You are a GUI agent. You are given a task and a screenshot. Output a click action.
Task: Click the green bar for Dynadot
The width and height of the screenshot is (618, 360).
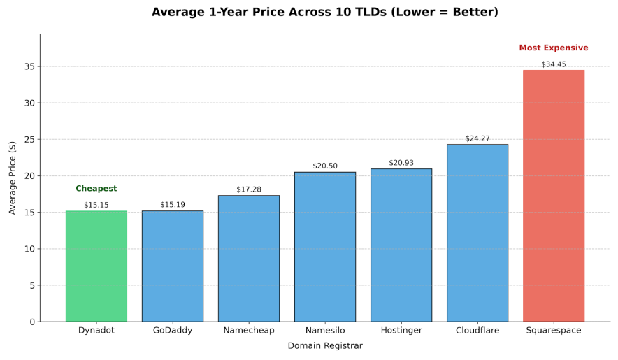[x=96, y=266]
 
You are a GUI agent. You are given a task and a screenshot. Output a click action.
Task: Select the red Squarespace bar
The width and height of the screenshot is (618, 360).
[x=554, y=196]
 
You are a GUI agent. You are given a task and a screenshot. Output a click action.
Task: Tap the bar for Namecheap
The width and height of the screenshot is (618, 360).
[x=249, y=259]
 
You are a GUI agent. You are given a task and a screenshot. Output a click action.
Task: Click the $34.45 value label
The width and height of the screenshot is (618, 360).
[x=554, y=64]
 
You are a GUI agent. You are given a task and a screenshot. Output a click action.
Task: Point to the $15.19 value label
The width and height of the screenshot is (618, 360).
[x=173, y=205]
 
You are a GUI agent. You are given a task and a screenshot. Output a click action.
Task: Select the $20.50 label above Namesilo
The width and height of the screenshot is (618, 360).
[x=325, y=166]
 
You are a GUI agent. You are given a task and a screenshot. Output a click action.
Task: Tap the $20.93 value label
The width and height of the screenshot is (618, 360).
[x=401, y=163]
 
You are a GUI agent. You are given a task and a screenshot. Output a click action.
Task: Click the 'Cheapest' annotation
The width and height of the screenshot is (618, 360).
[x=96, y=189]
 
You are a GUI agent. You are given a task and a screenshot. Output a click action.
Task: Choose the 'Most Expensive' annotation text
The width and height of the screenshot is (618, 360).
[x=554, y=48]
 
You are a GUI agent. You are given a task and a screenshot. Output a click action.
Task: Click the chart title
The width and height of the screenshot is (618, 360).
[x=325, y=13]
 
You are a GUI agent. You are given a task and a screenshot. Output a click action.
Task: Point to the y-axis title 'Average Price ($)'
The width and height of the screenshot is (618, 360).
[x=13, y=178]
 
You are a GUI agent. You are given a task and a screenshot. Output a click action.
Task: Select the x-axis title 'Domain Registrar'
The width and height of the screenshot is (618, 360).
[x=325, y=346]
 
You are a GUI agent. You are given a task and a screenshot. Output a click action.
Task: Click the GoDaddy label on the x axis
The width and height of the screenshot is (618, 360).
[x=173, y=331]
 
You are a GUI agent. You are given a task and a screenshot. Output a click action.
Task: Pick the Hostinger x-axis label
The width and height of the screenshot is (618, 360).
[x=401, y=331]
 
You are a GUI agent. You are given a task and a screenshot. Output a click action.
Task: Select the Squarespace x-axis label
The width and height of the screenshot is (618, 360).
[x=554, y=331]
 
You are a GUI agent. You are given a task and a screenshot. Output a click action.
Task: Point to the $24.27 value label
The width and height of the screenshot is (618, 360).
[x=477, y=138]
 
